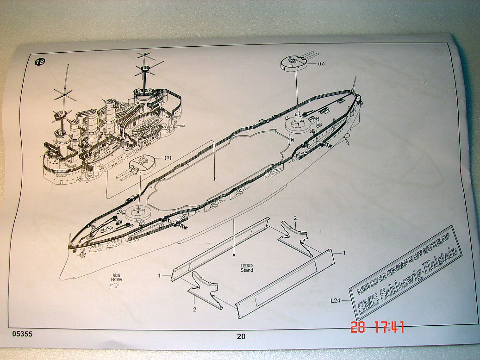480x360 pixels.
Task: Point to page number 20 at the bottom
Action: tap(241, 336)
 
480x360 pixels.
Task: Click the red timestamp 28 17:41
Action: tap(377, 328)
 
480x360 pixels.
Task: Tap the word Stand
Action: tap(247, 270)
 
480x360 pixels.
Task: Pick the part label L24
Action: tap(337, 300)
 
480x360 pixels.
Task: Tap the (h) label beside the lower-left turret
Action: tap(168, 157)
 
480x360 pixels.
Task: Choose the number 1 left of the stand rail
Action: tap(159, 275)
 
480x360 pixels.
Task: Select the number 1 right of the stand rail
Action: tap(343, 253)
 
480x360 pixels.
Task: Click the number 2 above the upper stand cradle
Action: tap(295, 217)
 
